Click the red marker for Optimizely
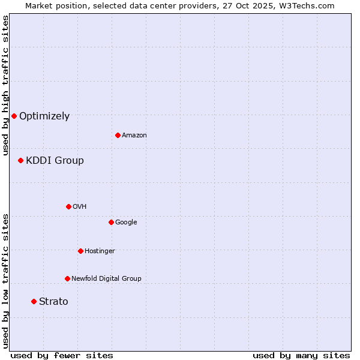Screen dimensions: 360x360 14,116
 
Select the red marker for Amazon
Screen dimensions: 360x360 118,135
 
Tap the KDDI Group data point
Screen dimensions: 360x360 20,160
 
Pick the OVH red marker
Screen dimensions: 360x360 68,206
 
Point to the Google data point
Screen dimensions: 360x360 111,222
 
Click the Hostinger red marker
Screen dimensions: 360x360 80,251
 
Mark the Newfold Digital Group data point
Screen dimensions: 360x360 67,278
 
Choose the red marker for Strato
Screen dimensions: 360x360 34,301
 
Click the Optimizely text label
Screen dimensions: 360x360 44,116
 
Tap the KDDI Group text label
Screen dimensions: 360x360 55,161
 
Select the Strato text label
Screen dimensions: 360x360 53,302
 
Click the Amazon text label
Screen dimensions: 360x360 134,136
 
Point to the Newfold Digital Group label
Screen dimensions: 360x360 106,279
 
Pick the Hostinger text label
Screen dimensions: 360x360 100,251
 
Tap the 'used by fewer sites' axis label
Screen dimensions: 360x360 62,355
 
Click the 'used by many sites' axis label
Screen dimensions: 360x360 301,355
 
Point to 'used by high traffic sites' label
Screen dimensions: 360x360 5,85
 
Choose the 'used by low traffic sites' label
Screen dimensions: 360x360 5,281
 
